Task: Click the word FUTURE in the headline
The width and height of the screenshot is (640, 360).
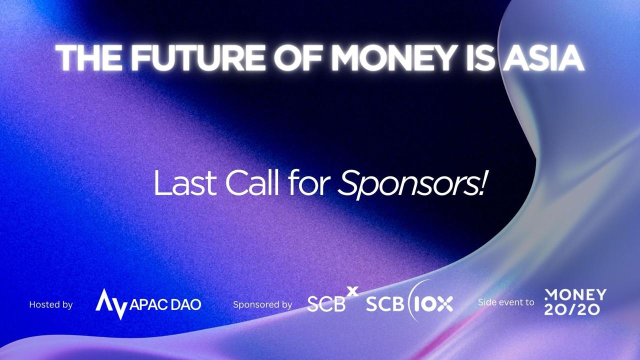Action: [198, 57]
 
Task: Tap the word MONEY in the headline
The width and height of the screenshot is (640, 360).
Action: [393, 57]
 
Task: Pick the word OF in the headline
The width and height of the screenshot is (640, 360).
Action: [298, 57]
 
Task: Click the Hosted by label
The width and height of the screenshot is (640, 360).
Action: [51, 304]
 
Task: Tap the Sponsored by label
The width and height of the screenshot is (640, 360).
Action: [262, 304]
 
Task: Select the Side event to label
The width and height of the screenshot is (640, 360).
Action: [506, 302]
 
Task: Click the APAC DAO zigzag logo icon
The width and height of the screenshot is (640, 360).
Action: [111, 304]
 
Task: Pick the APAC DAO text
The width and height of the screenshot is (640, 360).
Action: [165, 305]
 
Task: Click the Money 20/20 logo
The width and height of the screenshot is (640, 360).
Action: [575, 302]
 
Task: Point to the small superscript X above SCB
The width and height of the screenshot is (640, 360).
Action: [352, 291]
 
